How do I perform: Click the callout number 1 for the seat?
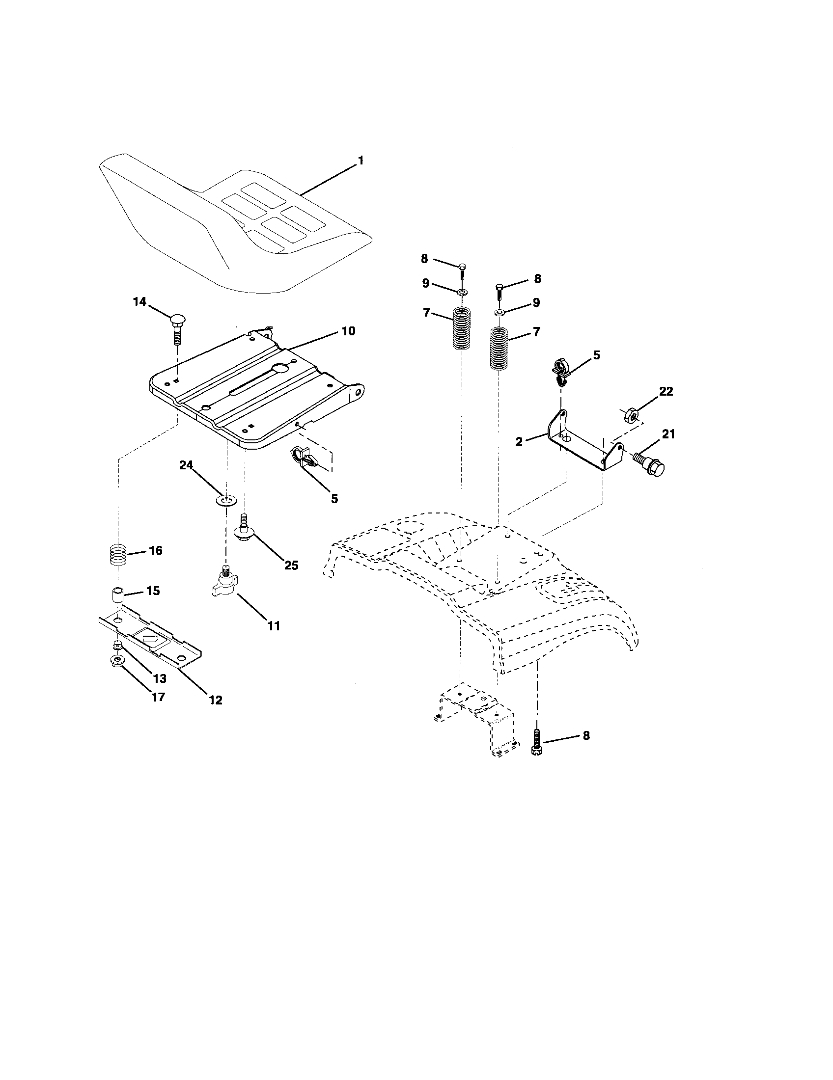click(361, 160)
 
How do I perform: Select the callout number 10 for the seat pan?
click(348, 331)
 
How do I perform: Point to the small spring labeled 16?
click(117, 554)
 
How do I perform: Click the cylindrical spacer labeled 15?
click(116, 594)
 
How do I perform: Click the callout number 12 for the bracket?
click(216, 700)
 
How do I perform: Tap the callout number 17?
click(158, 697)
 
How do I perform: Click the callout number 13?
click(159, 678)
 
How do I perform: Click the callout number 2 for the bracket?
click(519, 442)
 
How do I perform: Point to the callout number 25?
click(291, 565)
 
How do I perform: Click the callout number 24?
click(186, 465)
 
